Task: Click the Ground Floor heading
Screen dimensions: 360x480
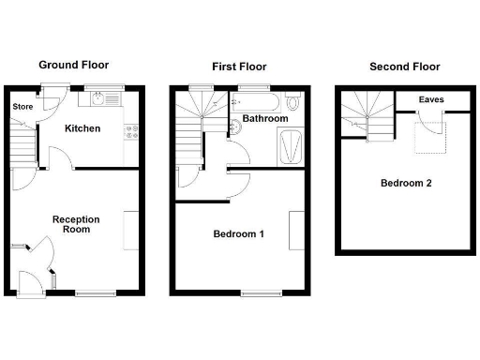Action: pos(73,66)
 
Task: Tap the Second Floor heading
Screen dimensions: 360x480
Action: pos(405,67)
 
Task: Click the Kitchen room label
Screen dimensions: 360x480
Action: pos(82,128)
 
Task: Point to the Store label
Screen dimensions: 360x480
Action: pos(22,107)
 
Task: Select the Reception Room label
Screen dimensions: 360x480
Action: pos(77,224)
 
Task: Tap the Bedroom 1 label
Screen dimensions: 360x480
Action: pos(238,233)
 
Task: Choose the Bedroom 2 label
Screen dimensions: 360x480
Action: pos(406,183)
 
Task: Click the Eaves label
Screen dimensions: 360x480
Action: pos(431,99)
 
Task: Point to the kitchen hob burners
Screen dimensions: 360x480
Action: pos(133,132)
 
